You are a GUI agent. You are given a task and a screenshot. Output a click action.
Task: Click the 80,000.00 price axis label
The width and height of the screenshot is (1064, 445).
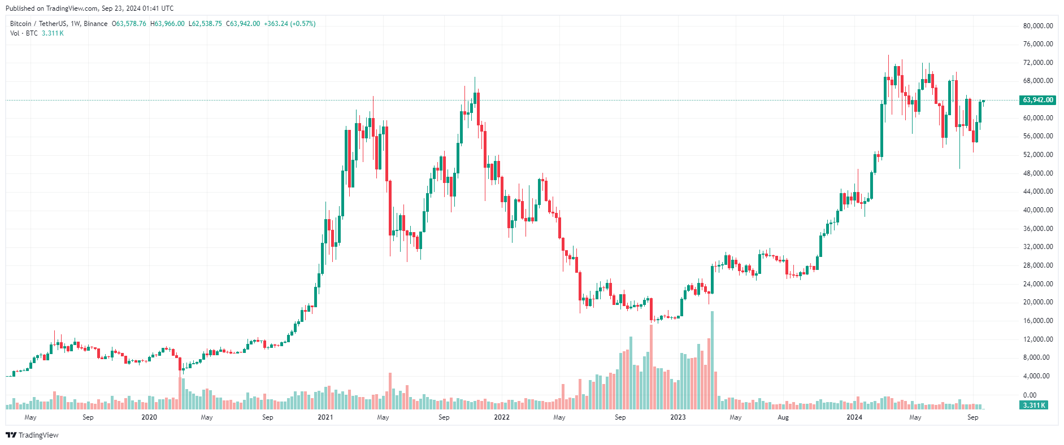click(1037, 26)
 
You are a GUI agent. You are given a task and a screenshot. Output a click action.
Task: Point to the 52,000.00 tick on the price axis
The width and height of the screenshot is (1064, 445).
click(1037, 155)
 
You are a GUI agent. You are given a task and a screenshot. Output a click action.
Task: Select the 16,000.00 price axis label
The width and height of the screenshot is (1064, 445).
click(1037, 321)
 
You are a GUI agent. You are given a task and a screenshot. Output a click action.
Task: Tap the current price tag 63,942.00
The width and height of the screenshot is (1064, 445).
click(1037, 100)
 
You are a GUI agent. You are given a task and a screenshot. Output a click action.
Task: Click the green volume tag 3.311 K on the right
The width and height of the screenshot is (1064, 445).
click(1033, 405)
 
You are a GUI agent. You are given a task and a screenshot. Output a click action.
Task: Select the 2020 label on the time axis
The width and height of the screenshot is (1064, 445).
click(149, 417)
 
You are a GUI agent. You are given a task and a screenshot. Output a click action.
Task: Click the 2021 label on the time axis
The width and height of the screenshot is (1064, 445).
click(325, 417)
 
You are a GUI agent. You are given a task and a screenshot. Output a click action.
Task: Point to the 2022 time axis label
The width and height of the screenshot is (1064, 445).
click(502, 417)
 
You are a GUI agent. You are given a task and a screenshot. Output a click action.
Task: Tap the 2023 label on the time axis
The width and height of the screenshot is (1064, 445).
click(678, 417)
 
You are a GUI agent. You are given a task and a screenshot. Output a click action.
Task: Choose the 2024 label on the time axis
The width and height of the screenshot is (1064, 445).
click(854, 417)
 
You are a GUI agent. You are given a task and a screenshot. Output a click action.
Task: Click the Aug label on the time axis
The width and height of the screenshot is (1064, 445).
click(783, 417)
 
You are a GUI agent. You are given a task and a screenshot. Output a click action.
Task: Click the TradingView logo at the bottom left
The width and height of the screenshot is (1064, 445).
click(32, 435)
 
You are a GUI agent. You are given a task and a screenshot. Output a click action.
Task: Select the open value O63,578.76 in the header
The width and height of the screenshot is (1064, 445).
click(129, 24)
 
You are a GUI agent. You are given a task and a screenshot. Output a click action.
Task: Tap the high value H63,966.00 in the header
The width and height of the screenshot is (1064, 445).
click(167, 24)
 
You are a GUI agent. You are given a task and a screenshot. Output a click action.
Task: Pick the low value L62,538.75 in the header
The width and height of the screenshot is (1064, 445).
click(205, 24)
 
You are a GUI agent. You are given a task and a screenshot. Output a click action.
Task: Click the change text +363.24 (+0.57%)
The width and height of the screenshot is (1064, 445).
click(290, 24)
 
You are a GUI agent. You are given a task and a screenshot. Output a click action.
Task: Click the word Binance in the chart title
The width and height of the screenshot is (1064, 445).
click(95, 24)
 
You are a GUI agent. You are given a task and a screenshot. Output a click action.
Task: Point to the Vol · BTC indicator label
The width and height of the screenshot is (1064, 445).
click(24, 33)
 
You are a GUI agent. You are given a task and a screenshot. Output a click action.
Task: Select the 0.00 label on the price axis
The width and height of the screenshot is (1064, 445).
click(1030, 395)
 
